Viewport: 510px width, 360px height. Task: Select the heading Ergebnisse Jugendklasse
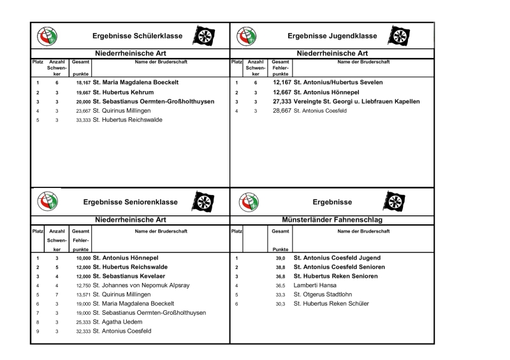332,36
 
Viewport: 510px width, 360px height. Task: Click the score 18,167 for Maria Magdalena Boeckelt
83,83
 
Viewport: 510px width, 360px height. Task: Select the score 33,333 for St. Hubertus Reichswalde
83,119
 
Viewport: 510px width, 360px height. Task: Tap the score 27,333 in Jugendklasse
281,101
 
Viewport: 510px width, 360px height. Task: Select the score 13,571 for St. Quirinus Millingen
83,294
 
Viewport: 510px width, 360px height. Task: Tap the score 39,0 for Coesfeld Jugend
279,258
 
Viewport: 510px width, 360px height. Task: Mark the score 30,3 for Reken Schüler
279,304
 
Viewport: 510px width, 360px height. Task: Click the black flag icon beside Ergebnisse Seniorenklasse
203,202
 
